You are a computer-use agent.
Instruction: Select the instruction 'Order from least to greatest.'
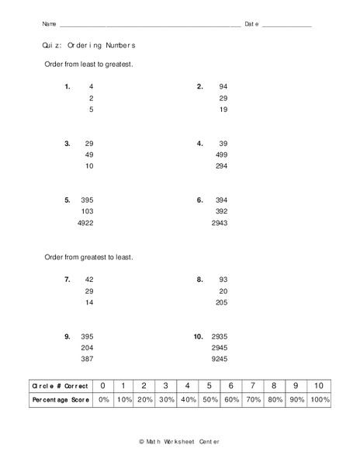pos(89,64)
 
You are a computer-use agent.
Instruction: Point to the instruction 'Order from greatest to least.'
pos(89,256)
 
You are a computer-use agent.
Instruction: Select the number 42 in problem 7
pos(88,279)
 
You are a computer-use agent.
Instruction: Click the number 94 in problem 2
pos(223,86)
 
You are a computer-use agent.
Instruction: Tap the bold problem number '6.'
pos(199,200)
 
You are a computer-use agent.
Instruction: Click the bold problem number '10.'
pos(198,337)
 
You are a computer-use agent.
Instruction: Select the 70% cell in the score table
pos(253,399)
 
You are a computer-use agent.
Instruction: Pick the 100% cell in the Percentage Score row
pos(318,399)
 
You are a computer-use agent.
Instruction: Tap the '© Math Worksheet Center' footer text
pos(179,441)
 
